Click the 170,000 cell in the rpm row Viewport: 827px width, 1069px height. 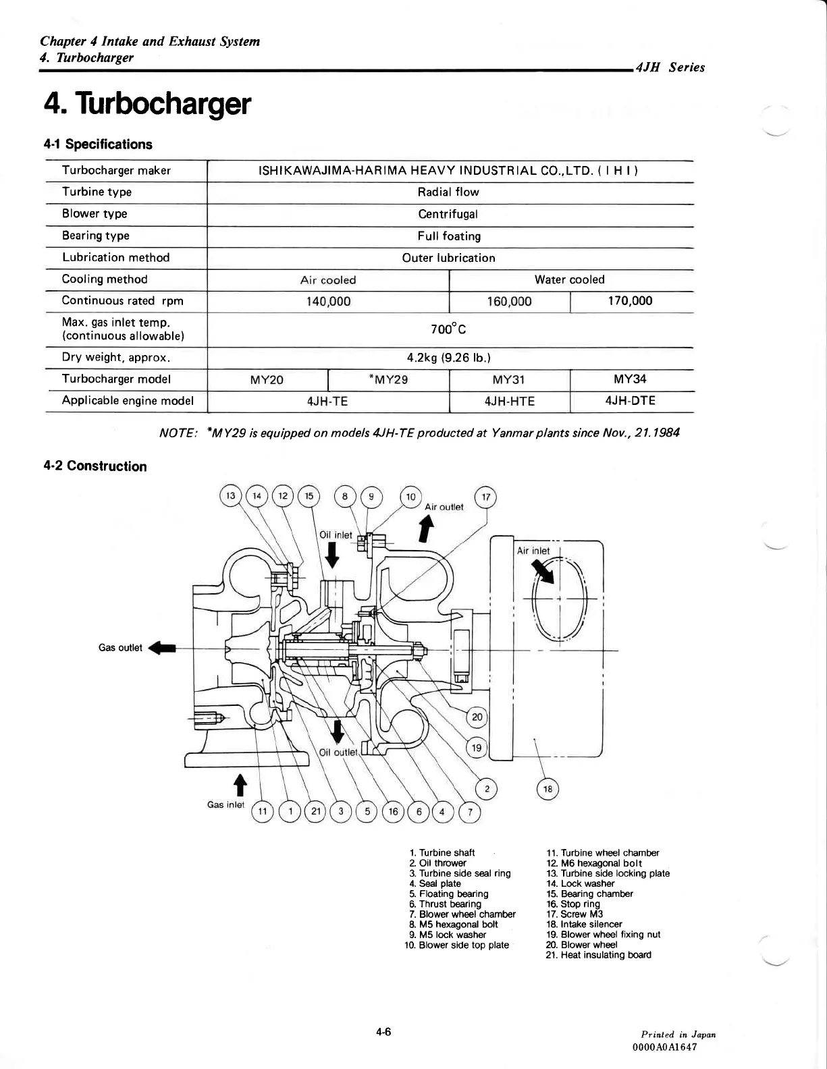click(x=631, y=301)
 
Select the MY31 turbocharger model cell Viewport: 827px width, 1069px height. click(x=509, y=379)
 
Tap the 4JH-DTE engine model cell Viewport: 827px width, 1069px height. click(x=631, y=401)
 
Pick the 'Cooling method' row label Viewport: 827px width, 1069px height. click(x=105, y=279)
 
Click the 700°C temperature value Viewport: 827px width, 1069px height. click(x=449, y=330)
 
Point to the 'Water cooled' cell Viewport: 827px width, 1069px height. click(x=569, y=279)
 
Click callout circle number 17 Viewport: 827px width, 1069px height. click(x=486, y=498)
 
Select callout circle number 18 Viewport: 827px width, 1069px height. click(x=548, y=789)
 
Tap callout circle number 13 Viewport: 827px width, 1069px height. click(x=231, y=496)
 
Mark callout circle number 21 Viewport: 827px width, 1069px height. click(x=315, y=811)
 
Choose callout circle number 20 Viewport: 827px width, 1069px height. click(x=477, y=717)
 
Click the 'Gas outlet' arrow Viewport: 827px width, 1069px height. click(x=162, y=648)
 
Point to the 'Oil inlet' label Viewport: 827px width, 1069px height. click(x=336, y=535)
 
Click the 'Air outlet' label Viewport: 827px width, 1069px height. click(x=444, y=507)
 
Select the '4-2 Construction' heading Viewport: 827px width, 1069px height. click(x=95, y=466)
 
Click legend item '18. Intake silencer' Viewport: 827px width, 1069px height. click(x=584, y=925)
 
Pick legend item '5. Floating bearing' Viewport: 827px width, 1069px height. click(x=448, y=894)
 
